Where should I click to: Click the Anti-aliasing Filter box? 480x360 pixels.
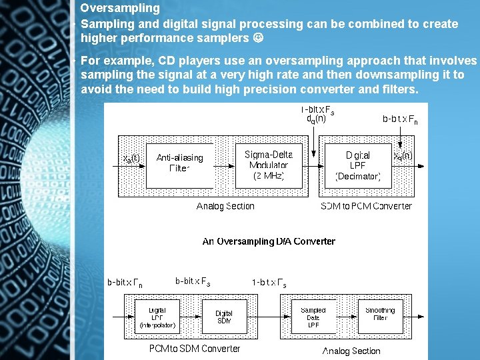[180, 163]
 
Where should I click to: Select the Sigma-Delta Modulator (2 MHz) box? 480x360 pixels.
[268, 165]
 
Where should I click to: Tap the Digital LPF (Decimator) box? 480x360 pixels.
[358, 165]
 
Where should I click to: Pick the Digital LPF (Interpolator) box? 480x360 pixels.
[157, 317]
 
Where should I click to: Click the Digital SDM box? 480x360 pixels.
[224, 317]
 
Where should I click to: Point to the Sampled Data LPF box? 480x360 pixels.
[313, 317]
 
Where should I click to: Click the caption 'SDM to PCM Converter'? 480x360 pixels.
[366, 206]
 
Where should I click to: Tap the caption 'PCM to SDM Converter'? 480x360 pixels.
[195, 348]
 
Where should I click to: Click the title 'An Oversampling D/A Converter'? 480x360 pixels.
[269, 241]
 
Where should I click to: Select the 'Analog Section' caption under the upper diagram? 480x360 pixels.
[225, 206]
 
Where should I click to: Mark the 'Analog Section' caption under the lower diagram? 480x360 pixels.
[351, 351]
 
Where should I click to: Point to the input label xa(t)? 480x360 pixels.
[131, 158]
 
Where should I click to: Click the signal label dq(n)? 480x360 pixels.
[316, 119]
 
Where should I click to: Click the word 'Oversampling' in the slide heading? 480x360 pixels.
[120, 9]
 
